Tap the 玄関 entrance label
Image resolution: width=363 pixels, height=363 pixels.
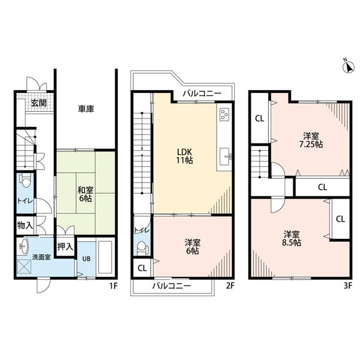pyautogui.click(x=39, y=103)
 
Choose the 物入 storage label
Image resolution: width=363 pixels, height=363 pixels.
pyautogui.click(x=25, y=225)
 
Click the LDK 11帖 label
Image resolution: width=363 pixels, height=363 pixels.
pyautogui.click(x=185, y=156)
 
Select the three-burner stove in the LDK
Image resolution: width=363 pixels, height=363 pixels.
pyautogui.click(x=223, y=115)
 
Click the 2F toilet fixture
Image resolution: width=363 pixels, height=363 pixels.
pyautogui.click(x=142, y=247)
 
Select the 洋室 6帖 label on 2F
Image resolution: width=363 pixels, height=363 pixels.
pyautogui.click(x=192, y=246)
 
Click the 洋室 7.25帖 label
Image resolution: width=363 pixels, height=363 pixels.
pyautogui.click(x=310, y=140)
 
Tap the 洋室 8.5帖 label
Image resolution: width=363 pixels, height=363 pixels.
pyautogui.click(x=293, y=238)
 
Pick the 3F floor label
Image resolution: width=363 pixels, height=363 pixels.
pyautogui.click(x=348, y=286)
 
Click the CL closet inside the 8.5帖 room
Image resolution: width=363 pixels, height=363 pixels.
pyautogui.click(x=340, y=219)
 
